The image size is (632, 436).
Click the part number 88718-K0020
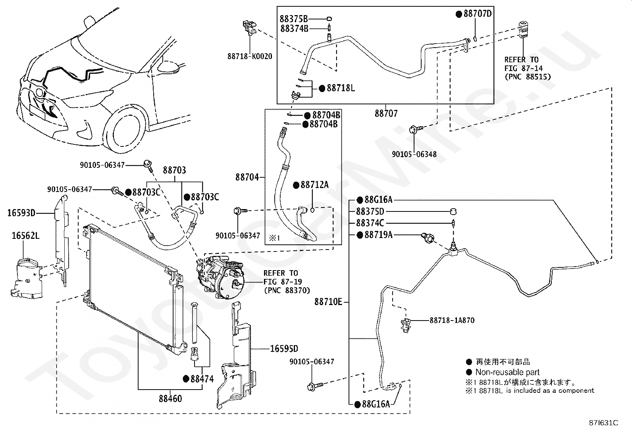click(x=250, y=56)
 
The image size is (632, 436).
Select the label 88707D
click(x=478, y=13)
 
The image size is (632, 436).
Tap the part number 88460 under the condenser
click(x=170, y=398)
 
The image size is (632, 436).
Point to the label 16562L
click(x=26, y=236)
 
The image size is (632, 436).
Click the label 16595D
click(x=284, y=349)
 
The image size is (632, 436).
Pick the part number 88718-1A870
click(x=452, y=321)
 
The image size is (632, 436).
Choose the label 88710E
click(x=328, y=302)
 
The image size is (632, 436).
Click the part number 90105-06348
click(x=414, y=154)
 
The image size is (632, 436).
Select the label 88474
click(x=202, y=379)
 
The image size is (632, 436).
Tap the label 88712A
click(x=314, y=185)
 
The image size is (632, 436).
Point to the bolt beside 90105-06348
click(x=416, y=129)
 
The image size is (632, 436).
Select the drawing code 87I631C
click(x=603, y=423)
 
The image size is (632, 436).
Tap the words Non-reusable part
click(x=507, y=372)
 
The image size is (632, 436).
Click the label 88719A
click(x=378, y=234)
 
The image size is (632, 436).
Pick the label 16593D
click(x=21, y=213)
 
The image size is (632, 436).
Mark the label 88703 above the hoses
click(x=175, y=170)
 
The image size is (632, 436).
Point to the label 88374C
click(x=370, y=223)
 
